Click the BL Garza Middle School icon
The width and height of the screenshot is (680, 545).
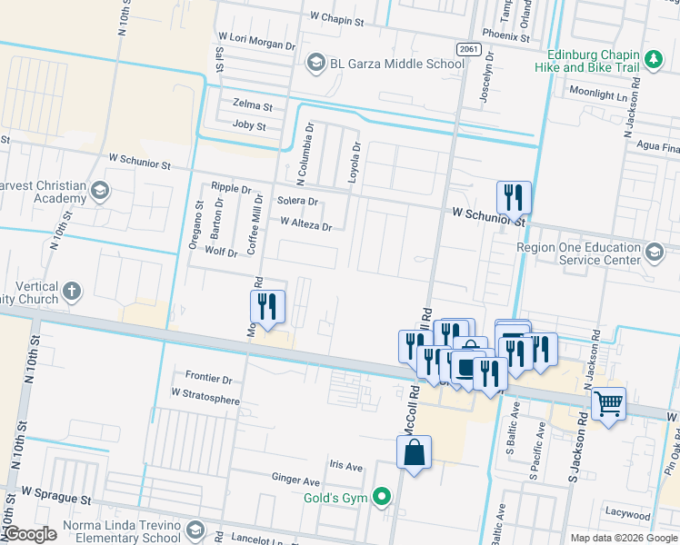coord(315,63)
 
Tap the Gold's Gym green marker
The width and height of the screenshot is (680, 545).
coord(383,497)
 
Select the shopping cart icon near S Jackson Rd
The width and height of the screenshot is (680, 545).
coord(608,401)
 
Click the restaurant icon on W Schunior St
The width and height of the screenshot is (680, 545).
coord(514,195)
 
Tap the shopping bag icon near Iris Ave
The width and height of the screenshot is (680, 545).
coord(414,451)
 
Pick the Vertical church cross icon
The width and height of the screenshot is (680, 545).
coord(71,292)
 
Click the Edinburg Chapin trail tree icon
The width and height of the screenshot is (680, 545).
coord(652,60)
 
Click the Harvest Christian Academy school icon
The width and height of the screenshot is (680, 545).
coord(100,191)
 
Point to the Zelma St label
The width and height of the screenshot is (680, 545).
coord(252,104)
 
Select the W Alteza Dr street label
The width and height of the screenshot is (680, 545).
coord(306,222)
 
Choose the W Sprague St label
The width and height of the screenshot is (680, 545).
coord(56,500)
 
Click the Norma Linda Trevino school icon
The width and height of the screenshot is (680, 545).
coord(195,529)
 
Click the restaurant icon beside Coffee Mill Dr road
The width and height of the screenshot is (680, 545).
coord(268,305)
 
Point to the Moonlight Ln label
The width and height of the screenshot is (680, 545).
coord(598,93)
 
